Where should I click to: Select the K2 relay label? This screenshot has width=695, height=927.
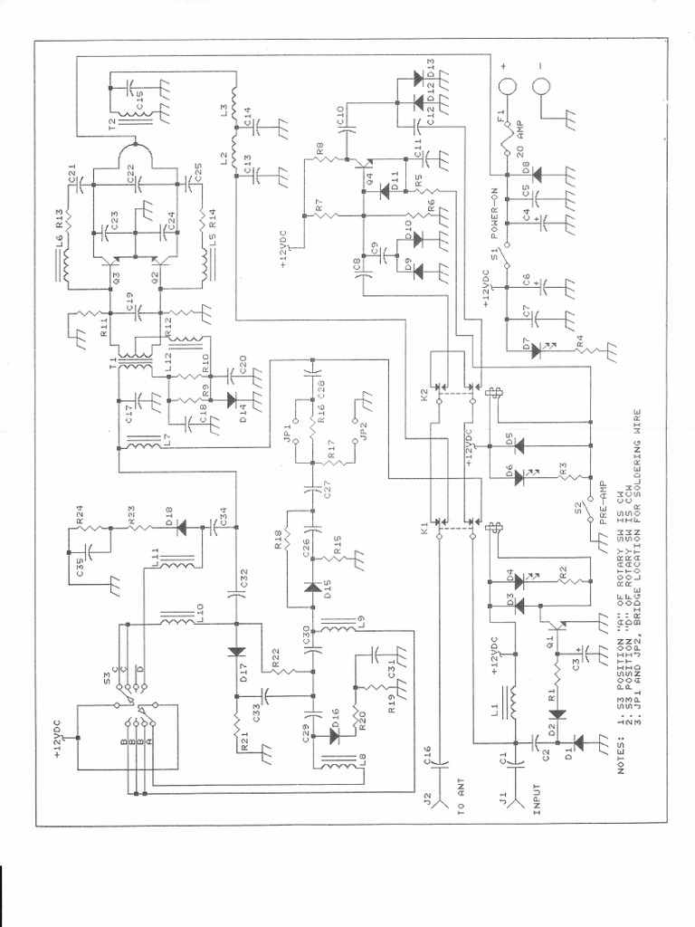click(424, 397)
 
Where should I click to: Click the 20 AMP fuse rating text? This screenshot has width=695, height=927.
click(519, 139)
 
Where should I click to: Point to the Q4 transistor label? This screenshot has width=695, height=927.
click(367, 177)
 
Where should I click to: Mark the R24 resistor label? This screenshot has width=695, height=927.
click(80, 518)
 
